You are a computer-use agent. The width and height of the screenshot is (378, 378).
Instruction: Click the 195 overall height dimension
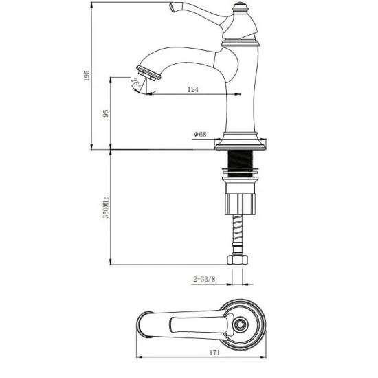[87, 76]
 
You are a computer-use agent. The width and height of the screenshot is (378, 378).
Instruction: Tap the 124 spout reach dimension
[193, 89]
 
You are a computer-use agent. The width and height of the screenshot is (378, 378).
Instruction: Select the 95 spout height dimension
[106, 113]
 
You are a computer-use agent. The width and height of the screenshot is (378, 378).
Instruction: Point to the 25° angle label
[135, 82]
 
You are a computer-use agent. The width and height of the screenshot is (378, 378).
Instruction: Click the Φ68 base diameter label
[200, 134]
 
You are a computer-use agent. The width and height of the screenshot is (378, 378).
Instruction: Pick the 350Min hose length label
[106, 208]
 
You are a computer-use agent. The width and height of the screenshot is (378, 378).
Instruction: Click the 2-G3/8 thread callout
[204, 279]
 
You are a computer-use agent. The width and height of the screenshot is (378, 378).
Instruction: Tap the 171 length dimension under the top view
[214, 353]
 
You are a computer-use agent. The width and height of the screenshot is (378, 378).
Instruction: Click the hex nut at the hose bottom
[238, 260]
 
